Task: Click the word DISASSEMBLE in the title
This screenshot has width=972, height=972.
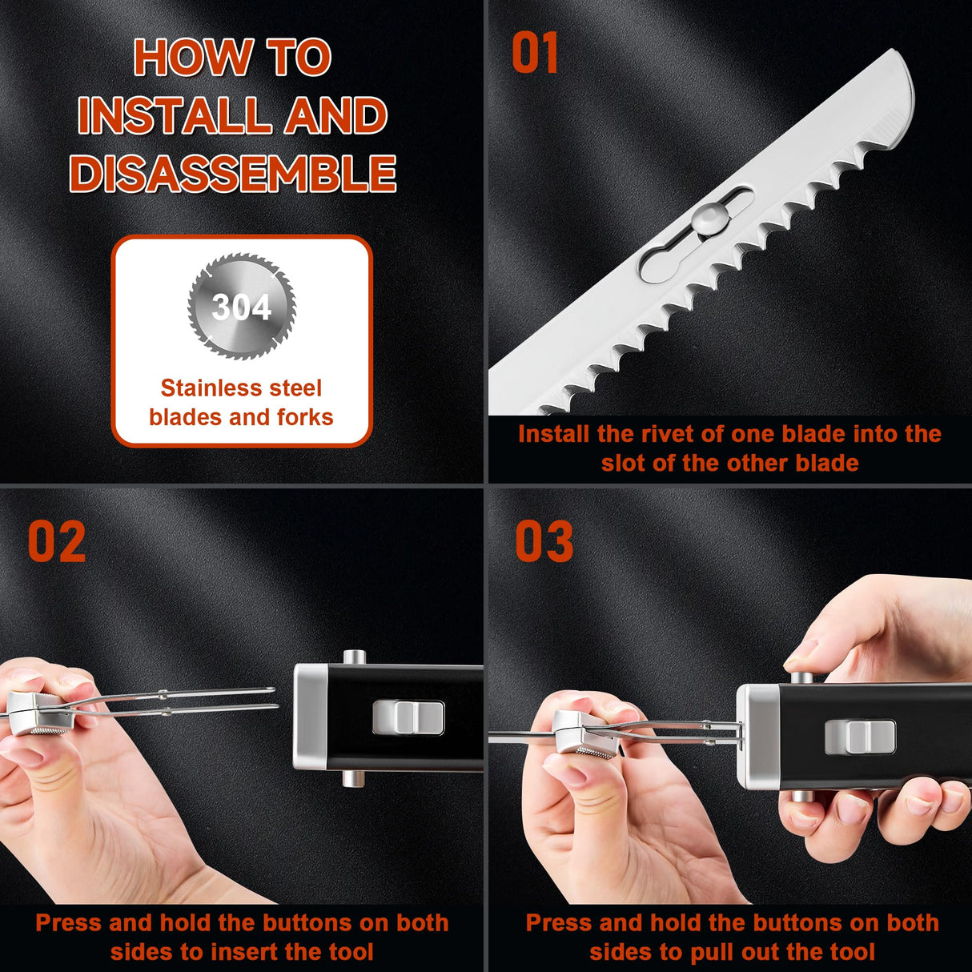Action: coord(233,173)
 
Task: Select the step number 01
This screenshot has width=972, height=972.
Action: coord(535,54)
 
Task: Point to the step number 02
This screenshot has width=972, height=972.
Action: coord(56,542)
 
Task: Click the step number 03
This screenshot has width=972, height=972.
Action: coord(544,542)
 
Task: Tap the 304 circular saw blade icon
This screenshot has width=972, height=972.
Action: coord(242,306)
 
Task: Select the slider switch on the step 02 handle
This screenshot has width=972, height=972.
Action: coord(408,717)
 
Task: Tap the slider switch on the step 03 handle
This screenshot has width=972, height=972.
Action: coord(860,735)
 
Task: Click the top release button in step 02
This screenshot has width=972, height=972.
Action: coord(354,657)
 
